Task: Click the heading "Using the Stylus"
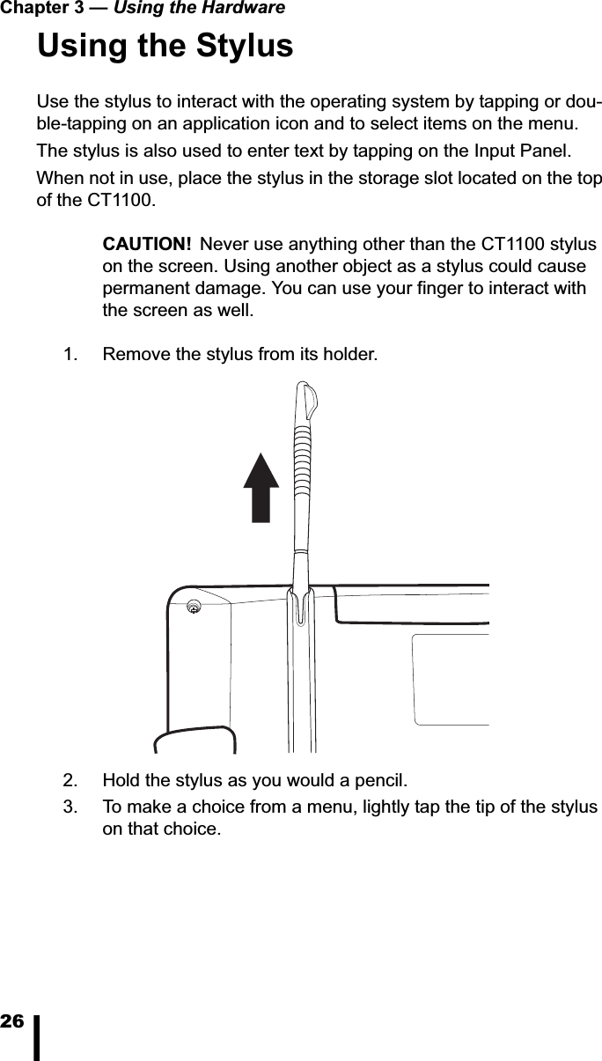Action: pyautogui.click(x=165, y=46)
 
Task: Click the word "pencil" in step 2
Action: pyautogui.click(x=383, y=780)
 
